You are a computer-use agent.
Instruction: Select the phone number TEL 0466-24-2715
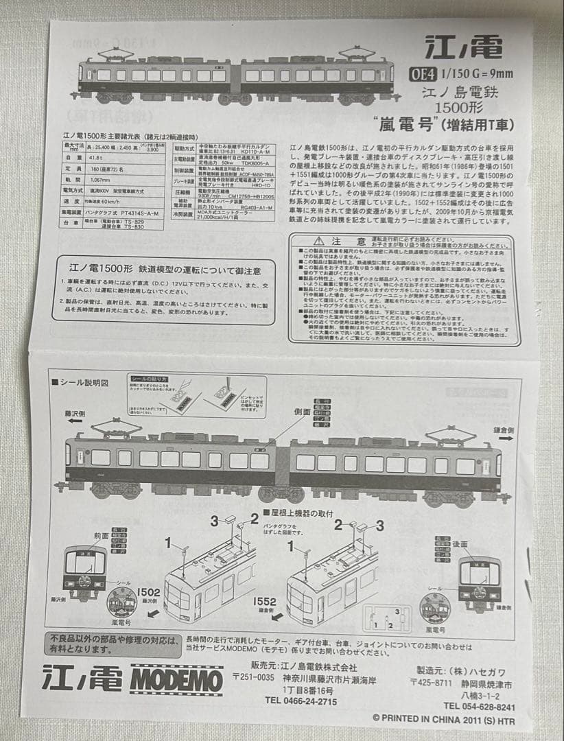301,701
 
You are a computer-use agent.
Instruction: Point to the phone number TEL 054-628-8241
479,706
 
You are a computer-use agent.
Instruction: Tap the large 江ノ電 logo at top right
463,48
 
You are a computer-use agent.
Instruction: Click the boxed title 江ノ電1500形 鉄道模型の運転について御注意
161,268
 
